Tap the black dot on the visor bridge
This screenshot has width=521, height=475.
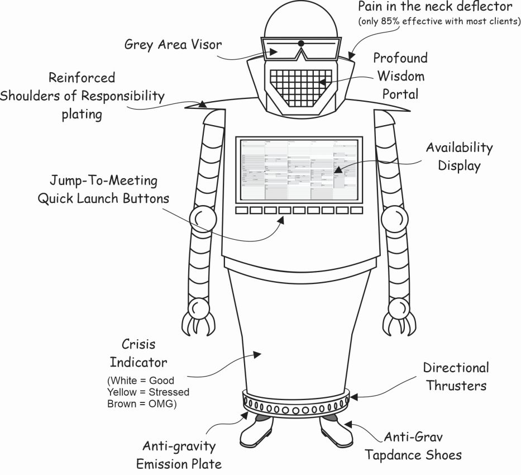pyautogui.click(x=301, y=43)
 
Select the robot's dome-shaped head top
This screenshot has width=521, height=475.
pyautogui.click(x=300, y=22)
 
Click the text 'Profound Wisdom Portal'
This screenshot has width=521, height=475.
pyautogui.click(x=400, y=76)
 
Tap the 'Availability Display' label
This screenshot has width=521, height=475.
pyautogui.click(x=460, y=156)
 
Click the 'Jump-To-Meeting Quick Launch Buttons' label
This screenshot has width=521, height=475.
pyautogui.click(x=104, y=190)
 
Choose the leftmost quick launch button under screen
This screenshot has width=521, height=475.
pyautogui.click(x=242, y=211)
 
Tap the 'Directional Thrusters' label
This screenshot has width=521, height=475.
pyautogui.click(x=455, y=376)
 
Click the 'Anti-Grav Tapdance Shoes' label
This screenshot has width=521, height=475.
pyautogui.click(x=413, y=445)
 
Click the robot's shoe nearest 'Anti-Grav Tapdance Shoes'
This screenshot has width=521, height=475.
pyautogui.click(x=337, y=433)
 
